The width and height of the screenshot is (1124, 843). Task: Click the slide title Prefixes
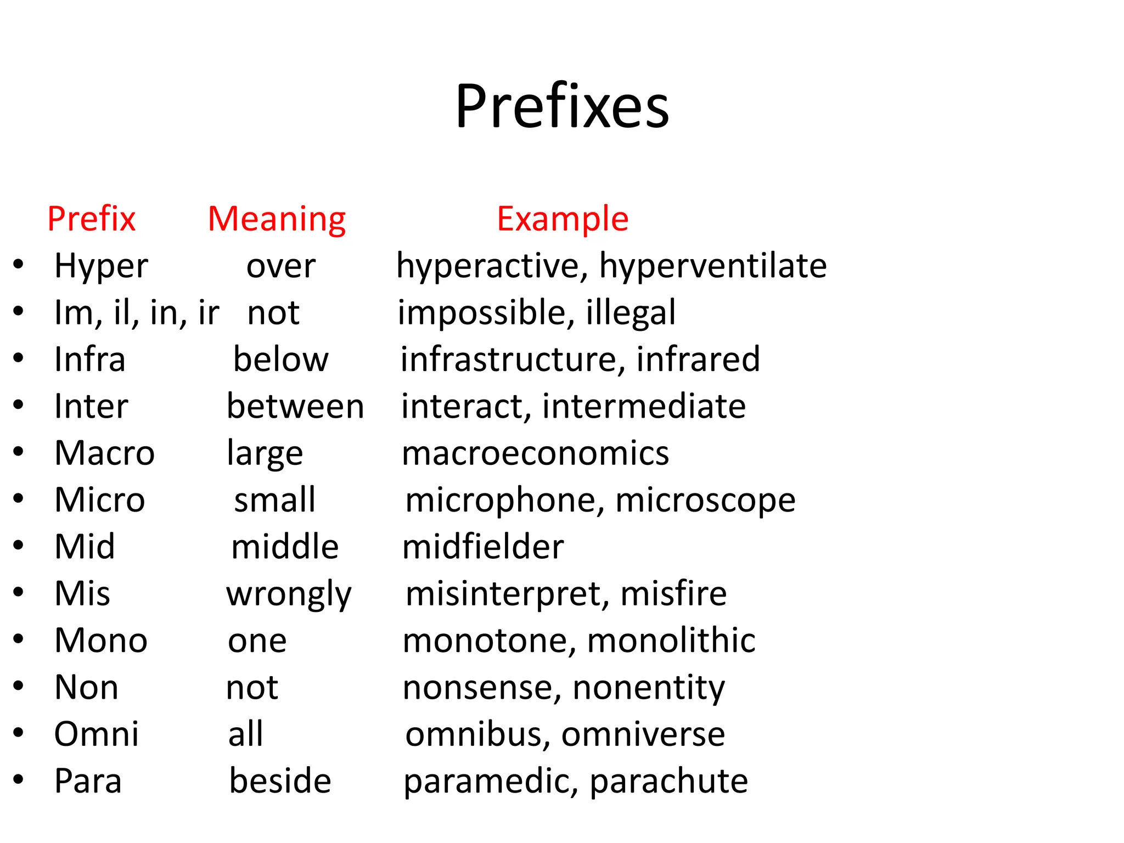[x=562, y=105]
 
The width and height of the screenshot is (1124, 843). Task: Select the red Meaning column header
[x=277, y=219]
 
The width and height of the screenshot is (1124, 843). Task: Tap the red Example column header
[x=563, y=218]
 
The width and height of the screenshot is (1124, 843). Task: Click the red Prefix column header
[x=91, y=218]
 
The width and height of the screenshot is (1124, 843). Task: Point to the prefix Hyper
[x=101, y=267]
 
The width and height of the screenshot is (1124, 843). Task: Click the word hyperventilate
[x=713, y=267]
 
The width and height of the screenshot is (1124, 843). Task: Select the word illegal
[x=631, y=313]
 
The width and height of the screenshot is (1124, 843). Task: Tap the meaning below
[x=280, y=359]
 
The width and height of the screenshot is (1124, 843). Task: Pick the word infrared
[x=698, y=359]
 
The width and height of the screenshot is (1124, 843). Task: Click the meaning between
[x=295, y=407]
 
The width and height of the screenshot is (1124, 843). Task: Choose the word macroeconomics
[x=535, y=453]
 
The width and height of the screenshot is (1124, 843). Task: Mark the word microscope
[x=705, y=501]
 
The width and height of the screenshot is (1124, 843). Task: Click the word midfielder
[x=483, y=547]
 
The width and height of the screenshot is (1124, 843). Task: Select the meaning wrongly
[x=289, y=595]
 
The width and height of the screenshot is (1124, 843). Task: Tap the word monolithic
[x=671, y=640]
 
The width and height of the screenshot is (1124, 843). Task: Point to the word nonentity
[x=649, y=688]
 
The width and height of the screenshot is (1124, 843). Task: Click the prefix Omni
[x=97, y=734]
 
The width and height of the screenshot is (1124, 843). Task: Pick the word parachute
[x=668, y=782]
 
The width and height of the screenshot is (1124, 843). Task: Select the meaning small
[x=274, y=500]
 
